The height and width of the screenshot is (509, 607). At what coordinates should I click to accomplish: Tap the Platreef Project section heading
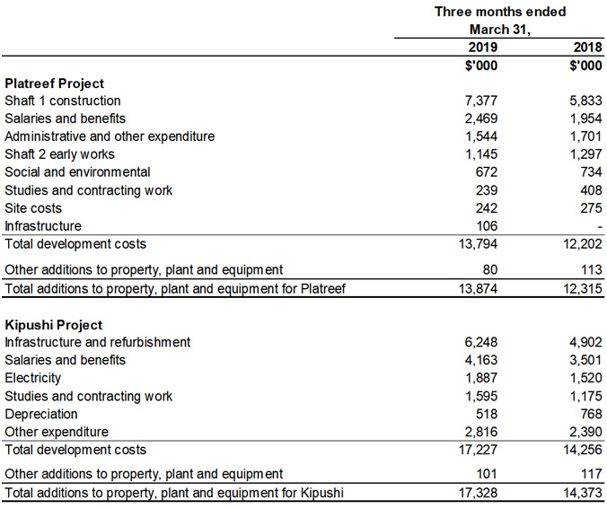click(x=54, y=83)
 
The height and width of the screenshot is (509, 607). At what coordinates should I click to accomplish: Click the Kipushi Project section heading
click(x=53, y=324)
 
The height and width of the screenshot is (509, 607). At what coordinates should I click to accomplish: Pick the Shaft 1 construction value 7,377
click(x=479, y=101)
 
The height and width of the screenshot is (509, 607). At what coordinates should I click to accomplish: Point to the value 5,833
click(x=585, y=101)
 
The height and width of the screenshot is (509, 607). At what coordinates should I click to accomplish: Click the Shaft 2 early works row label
click(x=59, y=154)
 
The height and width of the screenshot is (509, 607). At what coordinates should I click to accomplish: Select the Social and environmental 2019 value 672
click(x=486, y=172)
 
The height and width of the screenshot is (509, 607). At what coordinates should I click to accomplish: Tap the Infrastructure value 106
click(x=486, y=226)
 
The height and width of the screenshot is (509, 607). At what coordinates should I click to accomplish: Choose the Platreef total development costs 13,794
click(x=477, y=244)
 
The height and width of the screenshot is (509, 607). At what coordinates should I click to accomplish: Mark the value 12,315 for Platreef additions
click(x=582, y=288)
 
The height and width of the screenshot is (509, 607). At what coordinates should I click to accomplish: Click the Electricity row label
click(x=33, y=378)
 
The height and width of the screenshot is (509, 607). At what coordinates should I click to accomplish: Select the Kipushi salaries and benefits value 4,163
click(x=479, y=360)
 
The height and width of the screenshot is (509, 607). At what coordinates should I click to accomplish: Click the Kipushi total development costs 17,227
click(x=477, y=450)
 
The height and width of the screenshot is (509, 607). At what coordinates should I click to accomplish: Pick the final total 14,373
click(x=582, y=494)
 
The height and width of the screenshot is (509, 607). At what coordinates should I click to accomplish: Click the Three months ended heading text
click(x=500, y=11)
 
